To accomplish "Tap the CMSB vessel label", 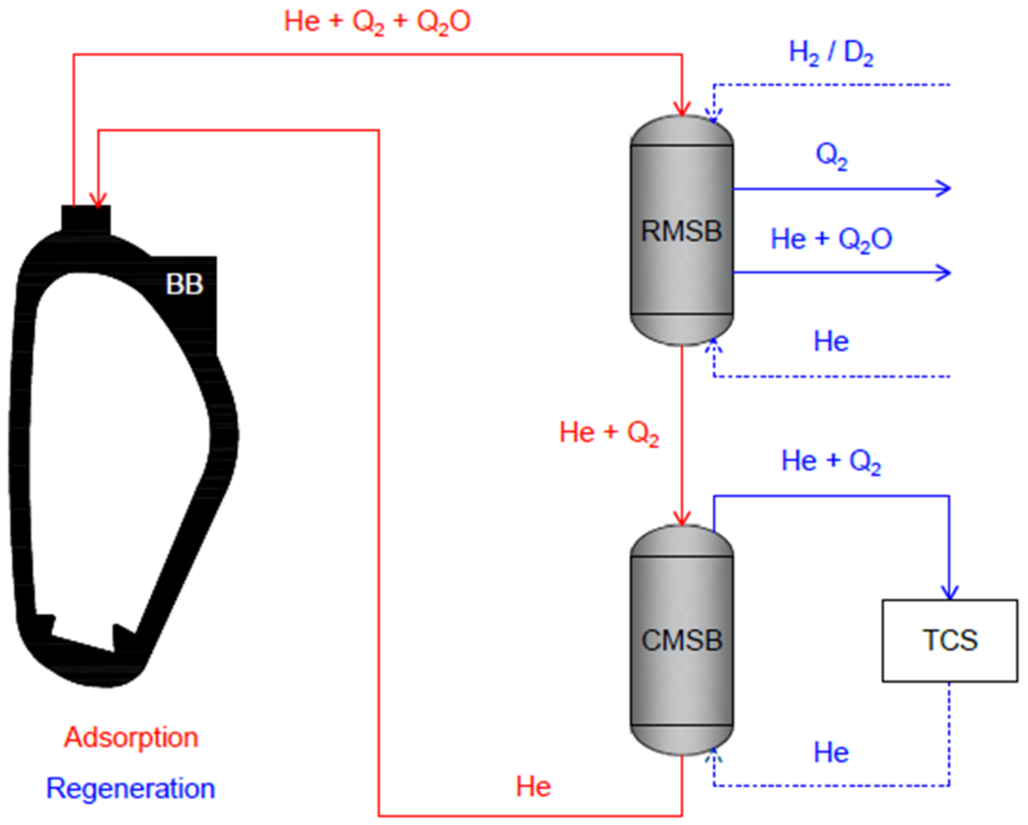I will (x=682, y=641).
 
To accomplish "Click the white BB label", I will (x=184, y=284).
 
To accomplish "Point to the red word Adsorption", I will (x=131, y=738).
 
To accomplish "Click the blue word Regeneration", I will (x=131, y=788).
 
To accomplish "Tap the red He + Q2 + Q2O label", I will (x=377, y=22).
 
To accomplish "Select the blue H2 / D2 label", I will (x=831, y=52).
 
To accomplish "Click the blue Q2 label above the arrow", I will (x=831, y=155).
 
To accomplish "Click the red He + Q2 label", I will (x=609, y=433).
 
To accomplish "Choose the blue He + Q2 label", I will (x=831, y=462).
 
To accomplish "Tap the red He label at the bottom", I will (x=533, y=786).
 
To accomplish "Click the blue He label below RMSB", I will (x=831, y=341).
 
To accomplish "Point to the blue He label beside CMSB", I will (x=831, y=753).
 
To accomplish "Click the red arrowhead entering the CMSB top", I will (x=682, y=519).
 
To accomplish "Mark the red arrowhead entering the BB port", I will (x=98, y=201).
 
